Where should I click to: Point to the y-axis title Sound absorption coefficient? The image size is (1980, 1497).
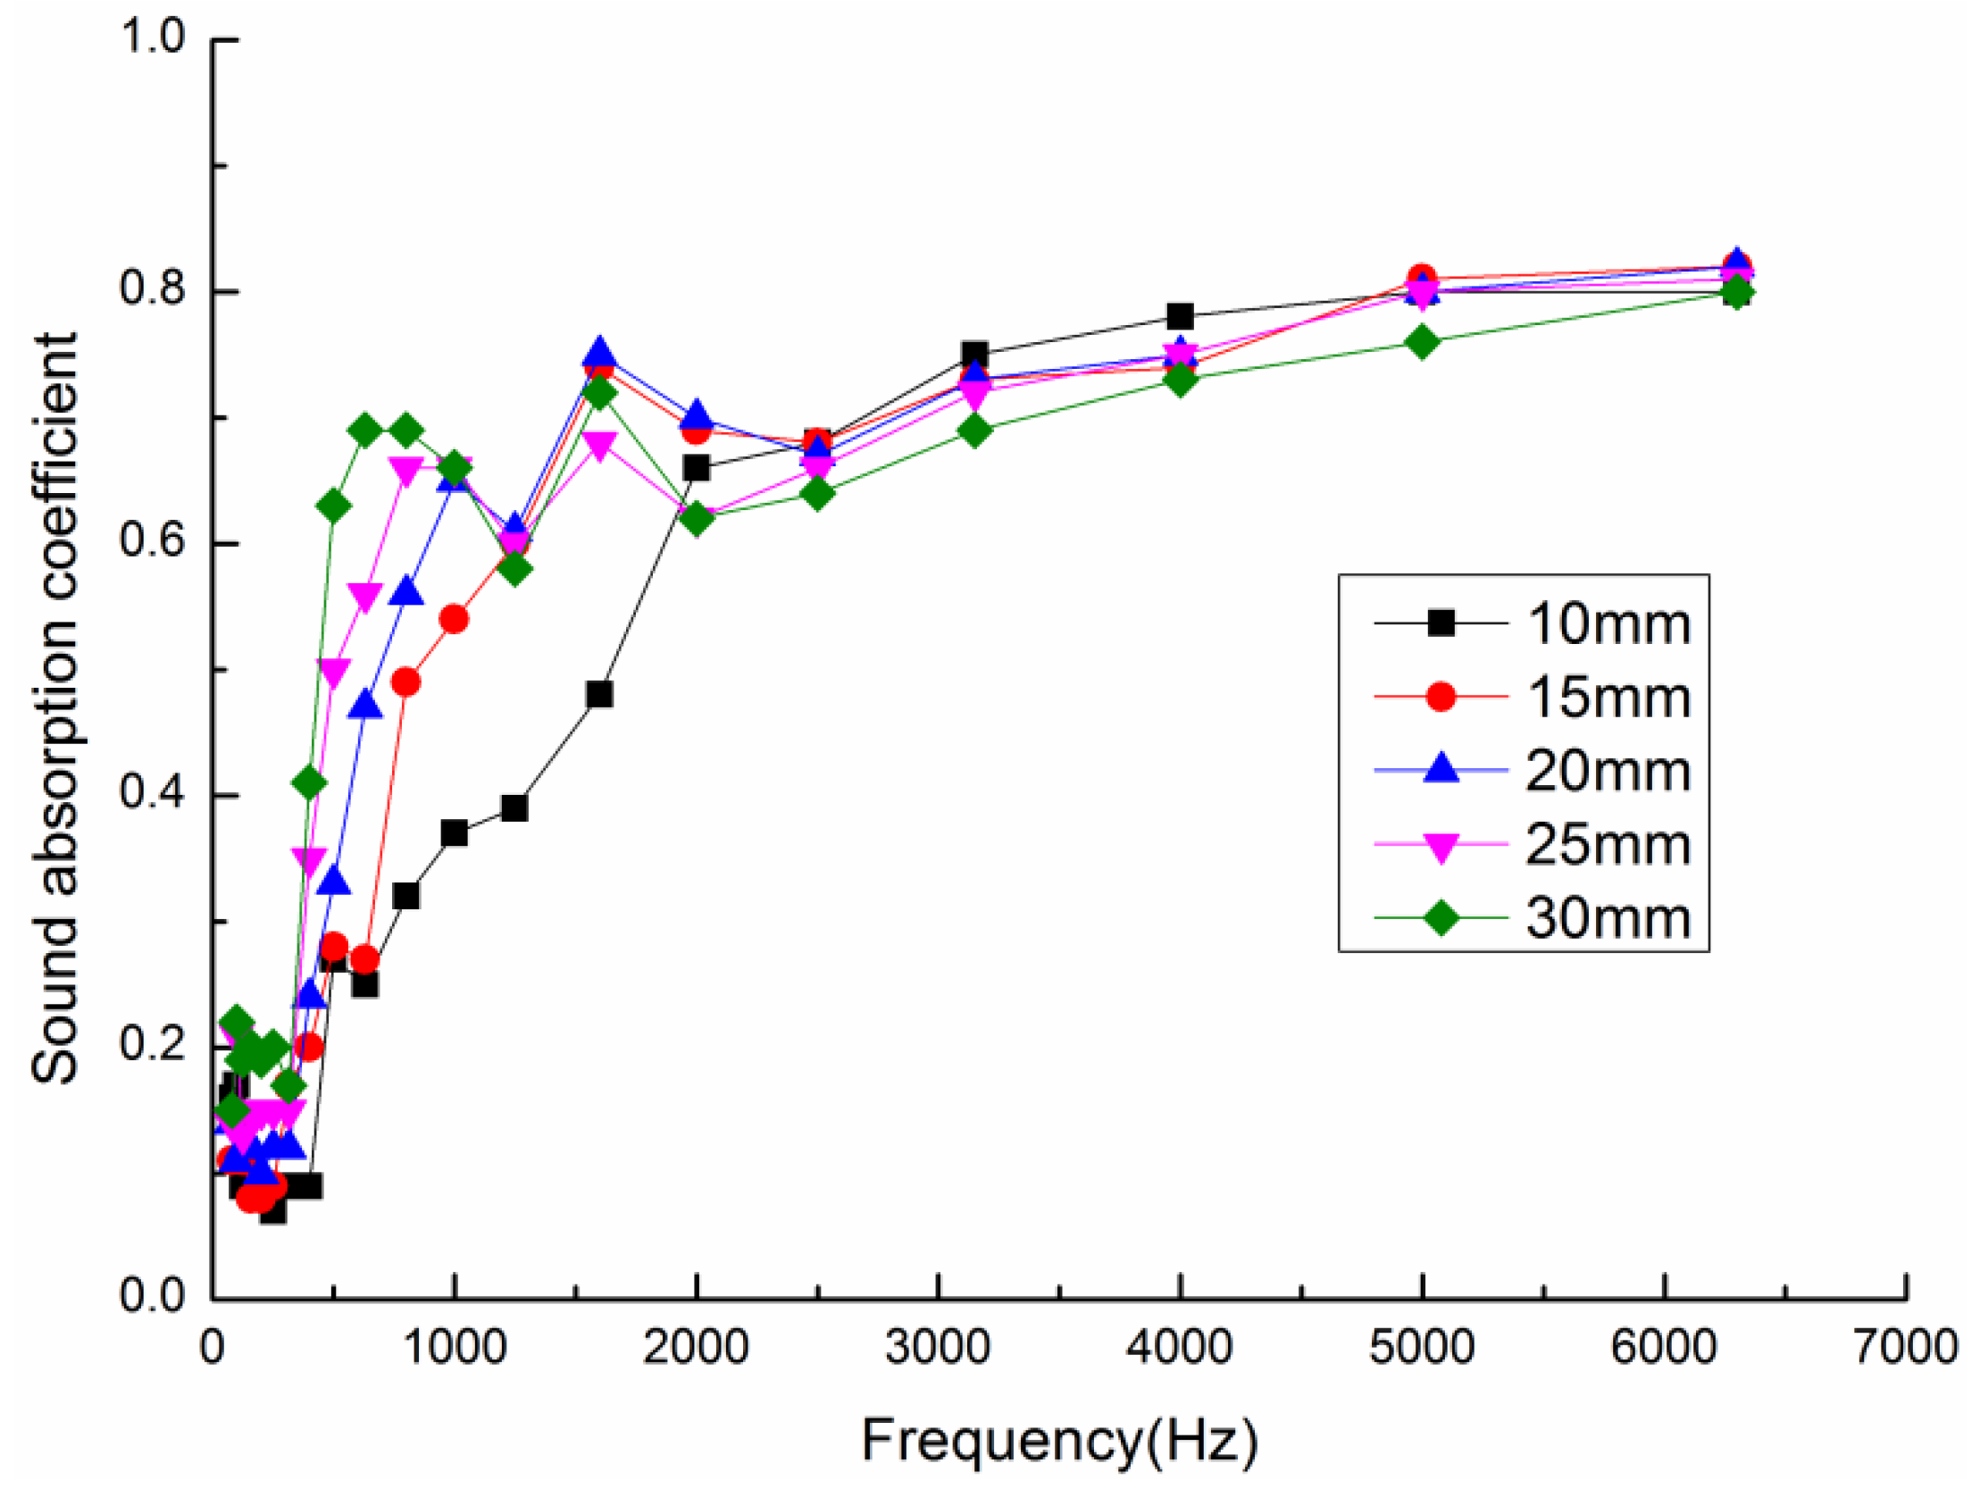(54, 708)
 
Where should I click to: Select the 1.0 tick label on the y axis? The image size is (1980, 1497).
(151, 38)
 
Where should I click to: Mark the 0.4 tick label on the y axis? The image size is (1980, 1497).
(151, 793)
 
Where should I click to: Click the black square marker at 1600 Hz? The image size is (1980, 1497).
(600, 694)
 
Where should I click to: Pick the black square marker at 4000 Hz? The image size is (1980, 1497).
(1180, 316)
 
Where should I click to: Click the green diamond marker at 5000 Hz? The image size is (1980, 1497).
(1422, 342)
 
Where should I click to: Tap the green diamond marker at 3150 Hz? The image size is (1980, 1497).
(974, 431)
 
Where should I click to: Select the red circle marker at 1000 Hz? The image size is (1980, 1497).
(454, 620)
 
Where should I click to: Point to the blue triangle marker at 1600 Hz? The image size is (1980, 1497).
(600, 353)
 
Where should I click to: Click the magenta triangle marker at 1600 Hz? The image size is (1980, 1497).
(600, 444)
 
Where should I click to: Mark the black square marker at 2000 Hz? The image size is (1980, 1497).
(696, 467)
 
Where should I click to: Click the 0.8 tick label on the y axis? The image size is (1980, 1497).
(151, 290)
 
